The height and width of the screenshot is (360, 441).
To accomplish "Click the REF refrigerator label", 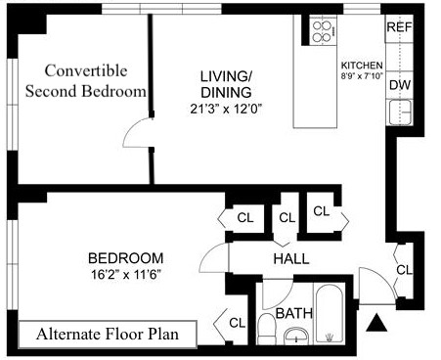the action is click(x=400, y=27).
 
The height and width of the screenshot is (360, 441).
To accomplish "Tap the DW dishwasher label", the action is click(x=400, y=85).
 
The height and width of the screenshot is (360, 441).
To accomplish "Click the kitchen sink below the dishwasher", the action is click(x=400, y=112).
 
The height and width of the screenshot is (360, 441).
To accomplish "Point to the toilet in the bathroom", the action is click(x=266, y=328).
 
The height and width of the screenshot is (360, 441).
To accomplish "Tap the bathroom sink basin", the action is click(x=296, y=336).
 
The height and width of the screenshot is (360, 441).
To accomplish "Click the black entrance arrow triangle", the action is click(x=376, y=323).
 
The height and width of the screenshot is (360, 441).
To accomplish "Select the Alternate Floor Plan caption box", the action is click(x=108, y=335).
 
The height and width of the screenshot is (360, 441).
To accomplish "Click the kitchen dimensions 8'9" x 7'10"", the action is click(x=362, y=75).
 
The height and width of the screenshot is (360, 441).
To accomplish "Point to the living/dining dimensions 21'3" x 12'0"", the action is click(x=226, y=110).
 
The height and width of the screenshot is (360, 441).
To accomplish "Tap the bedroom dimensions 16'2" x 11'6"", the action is click(x=126, y=275).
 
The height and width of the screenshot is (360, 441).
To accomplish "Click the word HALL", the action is click(x=291, y=259).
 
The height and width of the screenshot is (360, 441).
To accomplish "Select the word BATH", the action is click(x=294, y=313).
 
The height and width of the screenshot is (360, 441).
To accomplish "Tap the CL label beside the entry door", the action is click(x=405, y=270).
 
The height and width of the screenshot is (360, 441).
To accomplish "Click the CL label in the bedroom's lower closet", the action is click(x=237, y=323).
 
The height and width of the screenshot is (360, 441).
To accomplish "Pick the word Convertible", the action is click(x=86, y=70).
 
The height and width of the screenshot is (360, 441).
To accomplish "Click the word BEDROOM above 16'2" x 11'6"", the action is click(x=126, y=258).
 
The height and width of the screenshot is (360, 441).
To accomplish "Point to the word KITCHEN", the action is click(x=362, y=66).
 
